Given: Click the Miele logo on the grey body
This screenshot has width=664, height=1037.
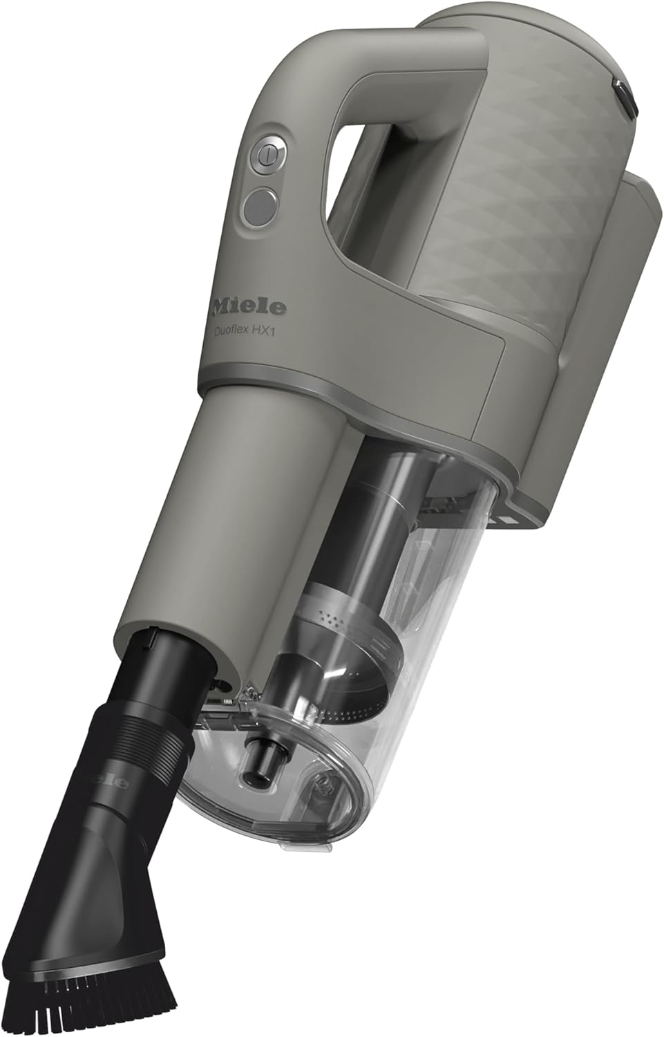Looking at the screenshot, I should point(249,306).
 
